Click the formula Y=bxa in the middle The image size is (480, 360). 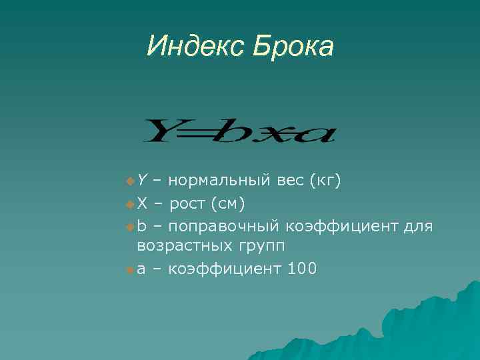pos(240,131)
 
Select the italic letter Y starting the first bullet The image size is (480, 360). pos(143,179)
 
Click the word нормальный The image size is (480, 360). pos(219,179)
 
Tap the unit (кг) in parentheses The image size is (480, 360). pos(325,179)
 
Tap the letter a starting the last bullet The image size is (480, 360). pos(142,269)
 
